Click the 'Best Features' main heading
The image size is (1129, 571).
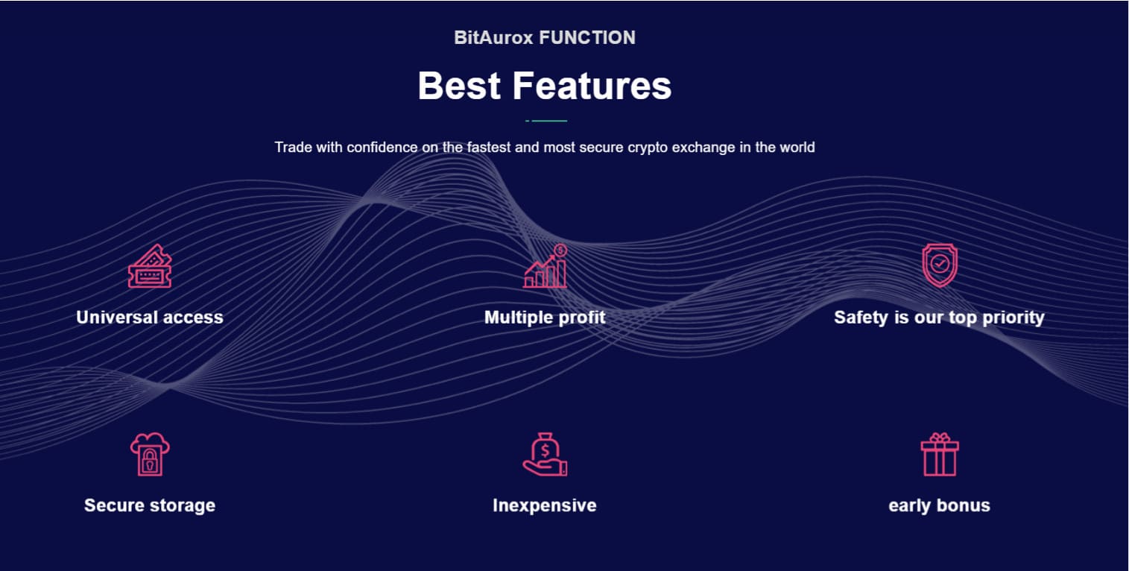point(544,86)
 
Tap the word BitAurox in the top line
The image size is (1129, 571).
point(493,38)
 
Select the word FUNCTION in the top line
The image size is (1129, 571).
point(587,38)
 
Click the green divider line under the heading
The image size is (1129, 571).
point(546,121)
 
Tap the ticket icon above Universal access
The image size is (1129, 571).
point(150,266)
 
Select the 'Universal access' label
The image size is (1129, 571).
point(150,318)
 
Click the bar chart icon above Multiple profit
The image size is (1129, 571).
point(545,266)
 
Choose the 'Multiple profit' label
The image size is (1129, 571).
point(545,318)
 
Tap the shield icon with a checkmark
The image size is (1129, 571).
point(940,265)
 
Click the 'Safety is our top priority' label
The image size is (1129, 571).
point(939,318)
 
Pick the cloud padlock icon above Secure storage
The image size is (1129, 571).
point(150,454)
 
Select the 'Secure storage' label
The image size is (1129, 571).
point(150,505)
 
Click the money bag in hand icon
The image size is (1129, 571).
point(545,454)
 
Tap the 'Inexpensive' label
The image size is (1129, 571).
point(544,505)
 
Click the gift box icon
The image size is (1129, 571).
point(940,454)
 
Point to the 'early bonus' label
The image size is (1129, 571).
point(939,505)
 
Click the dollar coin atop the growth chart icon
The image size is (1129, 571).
point(560,250)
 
